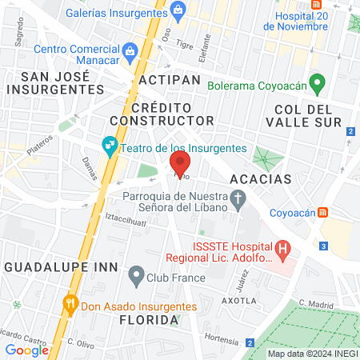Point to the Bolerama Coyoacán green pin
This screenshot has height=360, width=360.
[x=318, y=83]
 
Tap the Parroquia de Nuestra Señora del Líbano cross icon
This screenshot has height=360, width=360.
[x=238, y=198]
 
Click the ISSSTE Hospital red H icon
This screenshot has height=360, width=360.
[x=282, y=251]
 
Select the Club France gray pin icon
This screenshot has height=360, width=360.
[x=135, y=278]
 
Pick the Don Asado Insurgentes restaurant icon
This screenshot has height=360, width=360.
[x=70, y=303]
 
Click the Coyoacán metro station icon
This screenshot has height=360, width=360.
[x=323, y=213]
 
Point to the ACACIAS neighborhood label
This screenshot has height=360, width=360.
[x=259, y=178]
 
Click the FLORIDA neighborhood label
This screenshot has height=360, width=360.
[x=148, y=320]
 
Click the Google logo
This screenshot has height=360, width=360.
[x=26, y=350]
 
